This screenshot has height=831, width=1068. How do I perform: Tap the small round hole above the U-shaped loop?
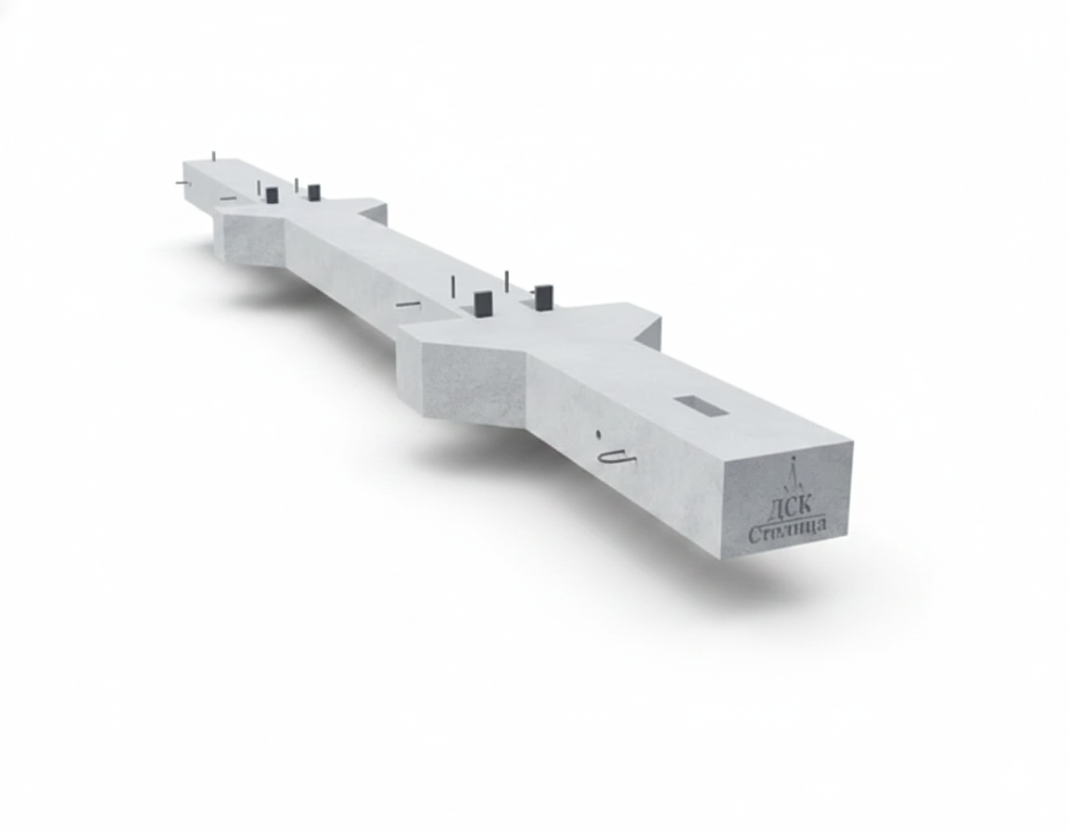click(599, 433)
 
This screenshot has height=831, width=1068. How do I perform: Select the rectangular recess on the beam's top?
click(700, 405)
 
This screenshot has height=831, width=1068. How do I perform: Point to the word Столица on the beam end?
click(787, 531)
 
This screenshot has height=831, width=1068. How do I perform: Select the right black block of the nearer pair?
click(544, 297)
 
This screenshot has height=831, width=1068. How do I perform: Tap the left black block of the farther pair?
click(272, 196)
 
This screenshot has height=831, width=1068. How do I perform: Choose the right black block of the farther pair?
click(313, 192)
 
